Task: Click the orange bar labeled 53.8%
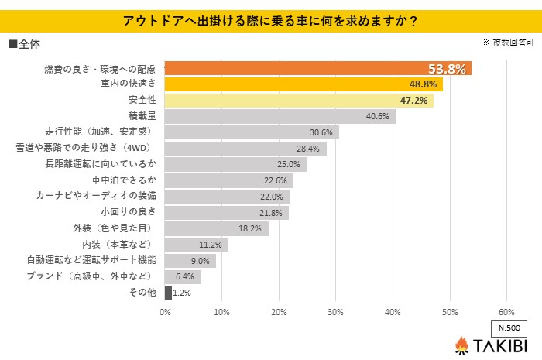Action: click(317, 69)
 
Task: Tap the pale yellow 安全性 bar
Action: click(299, 101)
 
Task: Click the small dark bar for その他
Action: click(168, 293)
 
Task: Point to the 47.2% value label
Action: click(414, 101)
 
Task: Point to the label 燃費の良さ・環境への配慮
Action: click(101, 69)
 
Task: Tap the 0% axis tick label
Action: click(165, 312)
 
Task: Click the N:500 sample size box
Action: click(508, 327)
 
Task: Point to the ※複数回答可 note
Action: click(508, 43)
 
